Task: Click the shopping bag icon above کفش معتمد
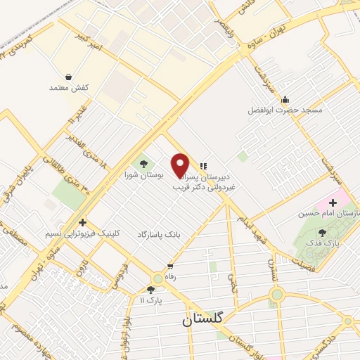click(x=67, y=77)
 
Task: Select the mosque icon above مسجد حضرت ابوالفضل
click(x=284, y=99)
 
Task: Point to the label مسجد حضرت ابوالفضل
click(x=283, y=110)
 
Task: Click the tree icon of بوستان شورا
click(x=144, y=164)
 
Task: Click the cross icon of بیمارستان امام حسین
click(x=332, y=203)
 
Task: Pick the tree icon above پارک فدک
click(x=322, y=231)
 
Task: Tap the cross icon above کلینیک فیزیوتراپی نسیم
click(x=84, y=221)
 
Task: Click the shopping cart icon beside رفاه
click(x=169, y=266)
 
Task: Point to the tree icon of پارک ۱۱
click(x=150, y=289)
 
